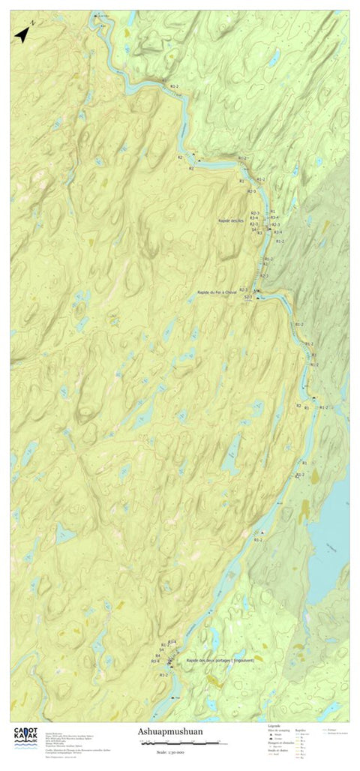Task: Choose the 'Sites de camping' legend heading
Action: click(x=278, y=730)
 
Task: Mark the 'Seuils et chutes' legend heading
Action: click(x=277, y=751)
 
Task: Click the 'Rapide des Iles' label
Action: click(x=231, y=220)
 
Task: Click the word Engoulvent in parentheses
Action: click(x=244, y=660)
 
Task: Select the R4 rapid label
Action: click(x=157, y=655)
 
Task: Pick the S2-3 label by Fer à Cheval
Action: click(x=247, y=297)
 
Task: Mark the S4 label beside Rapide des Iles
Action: click(x=254, y=229)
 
